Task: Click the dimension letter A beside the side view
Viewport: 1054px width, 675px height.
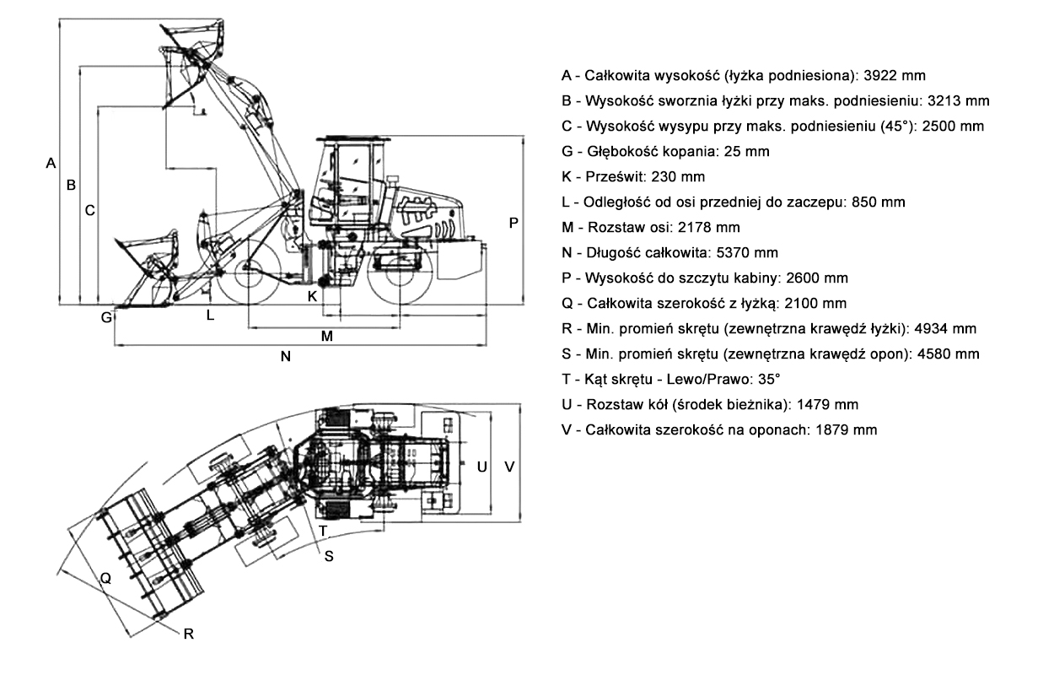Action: pyautogui.click(x=51, y=162)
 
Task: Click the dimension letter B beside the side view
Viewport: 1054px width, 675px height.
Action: pyautogui.click(x=72, y=185)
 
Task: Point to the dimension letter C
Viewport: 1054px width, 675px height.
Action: pyautogui.click(x=89, y=211)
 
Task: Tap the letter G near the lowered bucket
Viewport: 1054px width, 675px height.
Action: pyautogui.click(x=106, y=318)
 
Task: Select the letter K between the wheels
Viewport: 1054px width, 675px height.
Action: pyautogui.click(x=312, y=296)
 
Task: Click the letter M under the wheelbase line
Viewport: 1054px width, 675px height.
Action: pyautogui.click(x=327, y=336)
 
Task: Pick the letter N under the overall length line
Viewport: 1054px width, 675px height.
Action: pyautogui.click(x=286, y=357)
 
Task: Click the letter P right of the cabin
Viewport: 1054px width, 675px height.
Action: pyautogui.click(x=514, y=222)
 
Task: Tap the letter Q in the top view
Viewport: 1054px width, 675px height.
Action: pyautogui.click(x=105, y=578)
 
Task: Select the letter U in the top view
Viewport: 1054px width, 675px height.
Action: pyautogui.click(x=481, y=466)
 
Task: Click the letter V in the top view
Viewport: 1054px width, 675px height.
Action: pyautogui.click(x=509, y=466)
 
